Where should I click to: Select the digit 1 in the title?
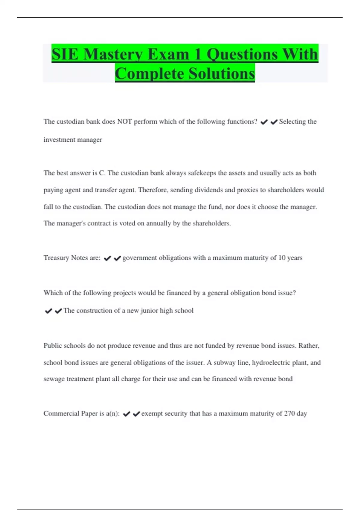[197, 55]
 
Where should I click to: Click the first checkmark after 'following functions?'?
[264, 122]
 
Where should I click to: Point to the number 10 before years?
[282, 258]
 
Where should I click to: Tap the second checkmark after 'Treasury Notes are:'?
[117, 258]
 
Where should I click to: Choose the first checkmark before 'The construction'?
[48, 311]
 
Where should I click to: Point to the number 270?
[289, 413]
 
